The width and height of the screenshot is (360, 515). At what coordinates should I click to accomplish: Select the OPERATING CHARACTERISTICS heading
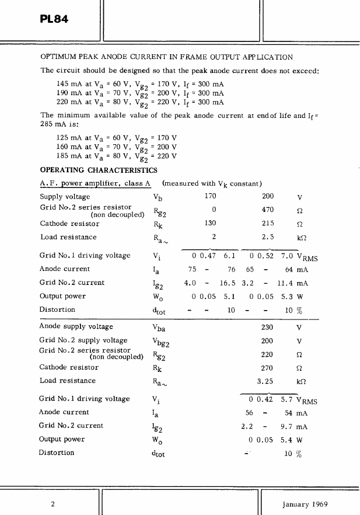[98, 170]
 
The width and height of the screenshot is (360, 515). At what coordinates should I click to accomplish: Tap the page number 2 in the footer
[53, 504]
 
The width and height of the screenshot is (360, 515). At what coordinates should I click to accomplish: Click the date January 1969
[305, 504]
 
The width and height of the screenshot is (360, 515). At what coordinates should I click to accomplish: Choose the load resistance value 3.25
[266, 381]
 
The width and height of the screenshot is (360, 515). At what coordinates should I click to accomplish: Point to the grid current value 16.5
[227, 283]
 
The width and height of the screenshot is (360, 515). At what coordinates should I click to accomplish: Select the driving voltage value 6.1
[229, 256]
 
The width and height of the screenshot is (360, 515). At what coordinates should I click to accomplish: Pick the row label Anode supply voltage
[76, 327]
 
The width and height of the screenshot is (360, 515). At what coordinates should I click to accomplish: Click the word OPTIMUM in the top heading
[58, 57]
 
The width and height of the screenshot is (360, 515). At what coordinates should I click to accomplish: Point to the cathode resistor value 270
[268, 367]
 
